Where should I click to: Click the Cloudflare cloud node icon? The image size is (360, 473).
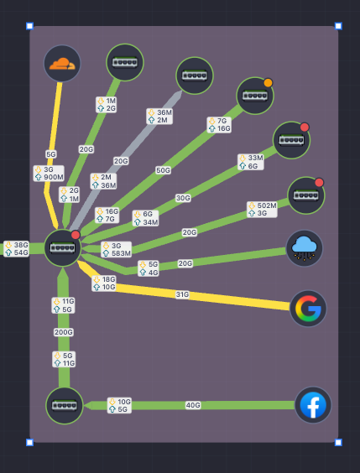point(62,64)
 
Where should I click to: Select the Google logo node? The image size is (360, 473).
point(308,309)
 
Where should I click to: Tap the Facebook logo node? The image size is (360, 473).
point(313,405)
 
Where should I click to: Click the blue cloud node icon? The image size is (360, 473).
point(304,248)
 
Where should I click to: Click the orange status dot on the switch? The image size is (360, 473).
point(268,83)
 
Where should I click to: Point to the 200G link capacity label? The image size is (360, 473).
point(64,332)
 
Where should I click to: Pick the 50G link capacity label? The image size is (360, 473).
point(163,170)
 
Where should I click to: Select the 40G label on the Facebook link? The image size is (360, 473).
point(193,405)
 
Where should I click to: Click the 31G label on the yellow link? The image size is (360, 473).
point(182,294)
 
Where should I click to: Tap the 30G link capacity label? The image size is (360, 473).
point(183,198)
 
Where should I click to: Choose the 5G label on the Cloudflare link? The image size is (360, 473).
point(51,154)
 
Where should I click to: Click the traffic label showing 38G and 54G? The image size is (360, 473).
point(17,248)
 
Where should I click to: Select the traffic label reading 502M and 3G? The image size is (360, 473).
point(262,210)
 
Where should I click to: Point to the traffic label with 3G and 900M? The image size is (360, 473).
point(49,173)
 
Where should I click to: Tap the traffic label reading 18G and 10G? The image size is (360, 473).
point(104,283)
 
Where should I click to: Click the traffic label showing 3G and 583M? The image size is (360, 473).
point(116,249)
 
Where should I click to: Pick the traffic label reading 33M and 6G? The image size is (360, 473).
point(251,162)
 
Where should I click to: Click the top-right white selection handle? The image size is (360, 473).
point(338,26)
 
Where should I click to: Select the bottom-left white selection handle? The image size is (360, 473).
point(29,442)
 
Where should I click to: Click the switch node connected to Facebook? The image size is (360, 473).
point(65,406)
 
